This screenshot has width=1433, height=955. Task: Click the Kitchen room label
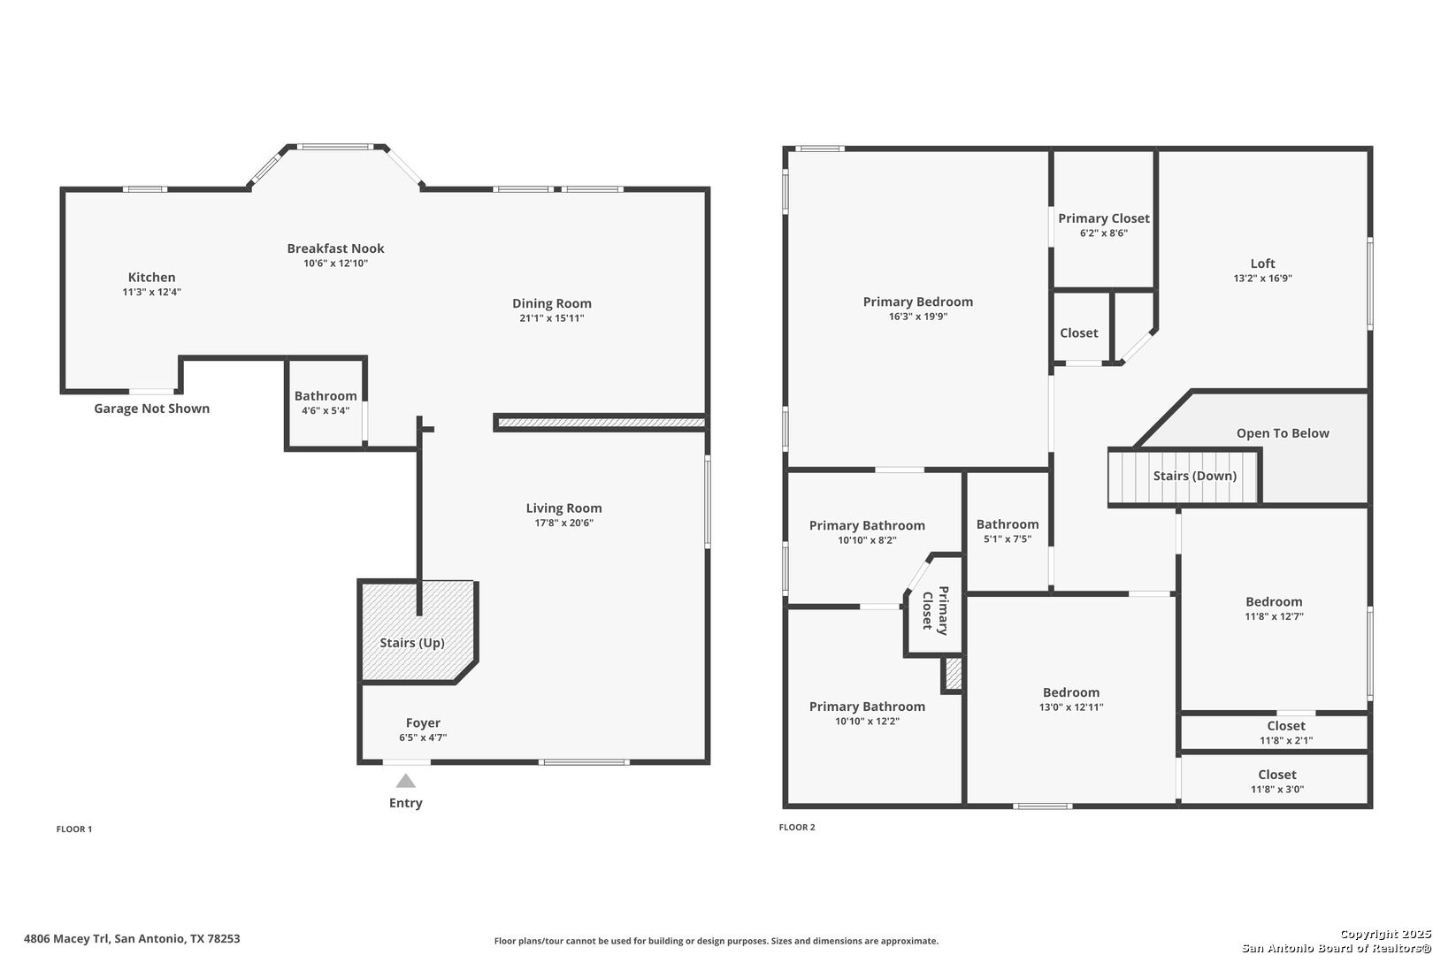[151, 277]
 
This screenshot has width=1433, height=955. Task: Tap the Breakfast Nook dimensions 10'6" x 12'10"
[336, 264]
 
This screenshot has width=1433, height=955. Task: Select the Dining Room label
[551, 303]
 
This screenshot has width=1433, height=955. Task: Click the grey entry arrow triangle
[406, 781]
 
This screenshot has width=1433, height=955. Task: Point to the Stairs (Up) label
[412, 643]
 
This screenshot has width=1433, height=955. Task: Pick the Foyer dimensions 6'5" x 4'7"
[423, 737]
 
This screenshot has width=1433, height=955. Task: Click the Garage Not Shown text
[151, 409]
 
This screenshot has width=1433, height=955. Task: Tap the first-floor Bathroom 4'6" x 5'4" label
[326, 402]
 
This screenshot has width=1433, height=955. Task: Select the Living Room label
[563, 508]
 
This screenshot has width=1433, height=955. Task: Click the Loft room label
[1263, 264]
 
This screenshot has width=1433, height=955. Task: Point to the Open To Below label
[1283, 433]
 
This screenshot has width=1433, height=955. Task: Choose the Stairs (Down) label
[1195, 476]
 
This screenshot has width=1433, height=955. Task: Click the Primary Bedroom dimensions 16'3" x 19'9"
[918, 317]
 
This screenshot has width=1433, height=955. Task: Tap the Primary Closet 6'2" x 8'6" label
[1104, 225]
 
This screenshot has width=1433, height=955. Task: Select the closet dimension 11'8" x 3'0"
[1277, 790]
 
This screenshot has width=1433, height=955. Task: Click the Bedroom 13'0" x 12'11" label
[1071, 699]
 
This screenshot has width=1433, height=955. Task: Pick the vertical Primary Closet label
[935, 610]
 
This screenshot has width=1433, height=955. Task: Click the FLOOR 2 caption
[797, 827]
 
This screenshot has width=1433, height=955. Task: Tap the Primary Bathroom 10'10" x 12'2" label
[867, 714]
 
